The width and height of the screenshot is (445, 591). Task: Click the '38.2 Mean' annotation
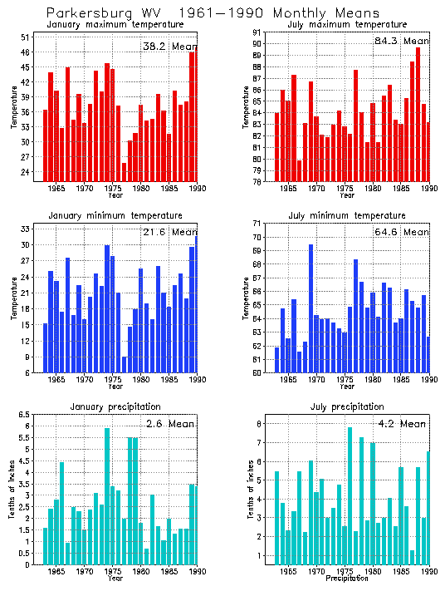pyautogui.click(x=169, y=47)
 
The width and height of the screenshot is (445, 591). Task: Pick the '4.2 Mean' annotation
pyautogui.click(x=402, y=424)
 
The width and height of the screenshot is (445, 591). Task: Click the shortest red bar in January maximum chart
pyautogui.click(x=125, y=172)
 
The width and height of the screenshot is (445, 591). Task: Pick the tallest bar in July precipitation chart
pyautogui.click(x=350, y=495)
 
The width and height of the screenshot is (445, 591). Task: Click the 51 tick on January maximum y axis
pyautogui.click(x=26, y=37)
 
